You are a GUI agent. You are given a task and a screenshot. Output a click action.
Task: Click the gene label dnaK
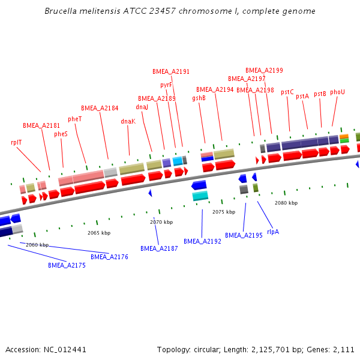tap(128, 121)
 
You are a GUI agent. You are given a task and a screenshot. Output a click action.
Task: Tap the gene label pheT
tap(75, 119)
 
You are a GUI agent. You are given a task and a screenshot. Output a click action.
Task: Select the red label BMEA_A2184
tap(100, 108)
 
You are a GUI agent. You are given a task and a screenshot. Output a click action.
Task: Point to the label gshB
tap(199, 98)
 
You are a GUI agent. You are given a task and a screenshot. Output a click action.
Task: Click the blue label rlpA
tap(273, 231)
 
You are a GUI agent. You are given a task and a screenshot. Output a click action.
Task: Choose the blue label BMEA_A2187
tap(159, 248)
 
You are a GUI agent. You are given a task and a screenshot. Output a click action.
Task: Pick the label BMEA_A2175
tap(67, 265)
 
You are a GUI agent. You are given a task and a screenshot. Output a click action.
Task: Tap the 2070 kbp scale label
tap(161, 222)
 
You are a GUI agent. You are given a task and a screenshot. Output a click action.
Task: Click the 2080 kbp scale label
tap(286, 203)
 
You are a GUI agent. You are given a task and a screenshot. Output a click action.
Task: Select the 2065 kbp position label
tap(99, 232)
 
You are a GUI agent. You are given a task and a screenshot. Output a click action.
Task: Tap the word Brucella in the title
tap(62, 11)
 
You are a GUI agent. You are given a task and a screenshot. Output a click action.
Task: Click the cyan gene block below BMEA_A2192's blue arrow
tap(200, 196)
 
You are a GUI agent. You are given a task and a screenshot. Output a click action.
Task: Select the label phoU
tap(338, 92)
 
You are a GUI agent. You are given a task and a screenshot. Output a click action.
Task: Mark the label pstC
tap(287, 92)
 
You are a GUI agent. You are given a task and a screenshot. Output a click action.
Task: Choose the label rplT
tap(16, 142)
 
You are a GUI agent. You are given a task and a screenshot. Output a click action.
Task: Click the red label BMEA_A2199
tap(264, 70)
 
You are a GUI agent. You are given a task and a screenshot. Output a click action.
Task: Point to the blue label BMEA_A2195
tap(244, 235)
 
